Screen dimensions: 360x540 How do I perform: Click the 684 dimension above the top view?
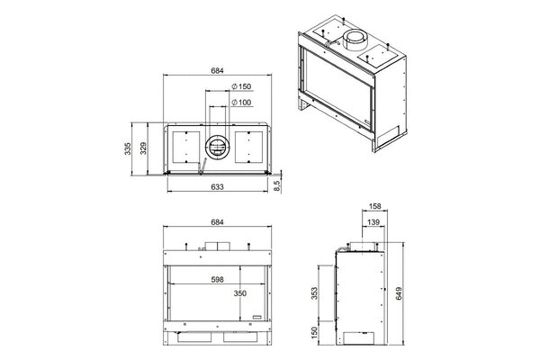click(x=217, y=69)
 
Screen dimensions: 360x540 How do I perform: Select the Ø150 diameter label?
click(x=240, y=86)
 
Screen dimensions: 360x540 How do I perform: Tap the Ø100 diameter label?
click(x=240, y=103)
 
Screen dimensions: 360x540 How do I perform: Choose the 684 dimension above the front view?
click(x=217, y=222)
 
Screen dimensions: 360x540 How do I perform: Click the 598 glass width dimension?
click(x=213, y=279)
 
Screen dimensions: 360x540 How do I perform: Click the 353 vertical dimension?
click(x=314, y=292)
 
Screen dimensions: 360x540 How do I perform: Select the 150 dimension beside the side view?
click(x=314, y=335)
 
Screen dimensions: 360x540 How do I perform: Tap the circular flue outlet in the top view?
click(x=217, y=148)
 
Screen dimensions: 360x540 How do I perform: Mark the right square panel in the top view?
click(x=250, y=148)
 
